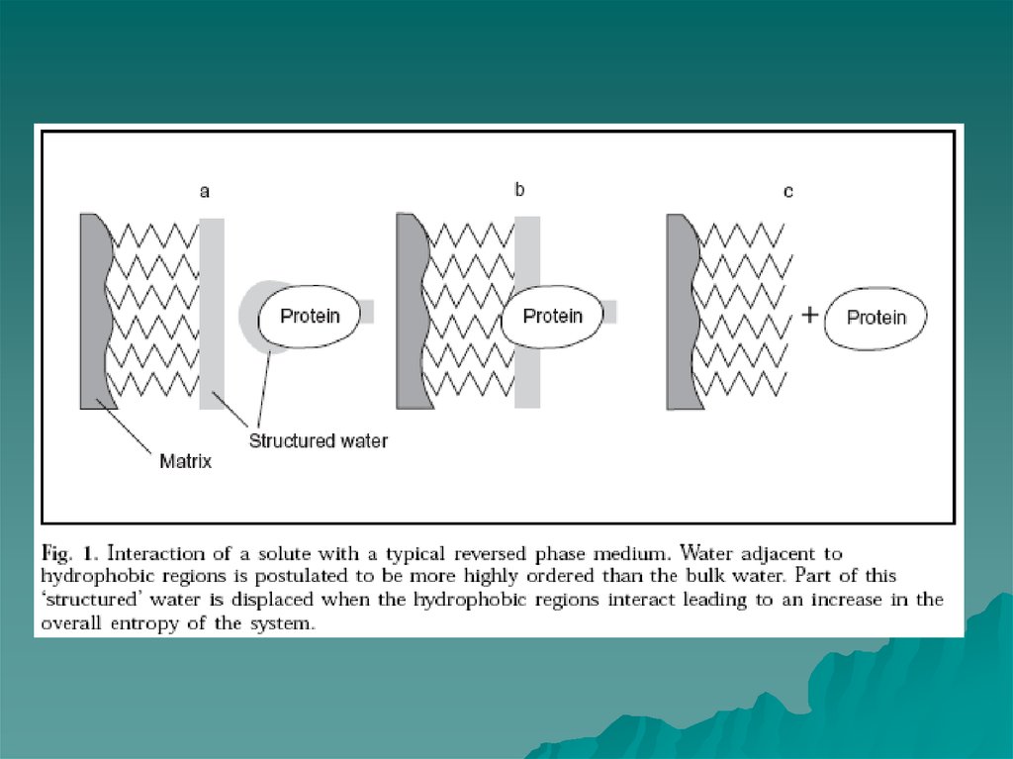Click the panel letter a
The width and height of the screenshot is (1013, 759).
pyautogui.click(x=205, y=192)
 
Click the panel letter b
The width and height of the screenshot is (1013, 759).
pyautogui.click(x=519, y=190)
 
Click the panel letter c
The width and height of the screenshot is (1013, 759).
pyautogui.click(x=787, y=192)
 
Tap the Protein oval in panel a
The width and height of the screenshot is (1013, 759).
pyautogui.click(x=309, y=316)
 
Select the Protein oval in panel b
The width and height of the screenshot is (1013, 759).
pyautogui.click(x=551, y=316)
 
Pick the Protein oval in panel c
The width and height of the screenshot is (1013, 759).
pyautogui.click(x=875, y=317)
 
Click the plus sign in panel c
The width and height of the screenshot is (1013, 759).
pyautogui.click(x=809, y=316)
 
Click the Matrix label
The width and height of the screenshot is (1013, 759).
pyautogui.click(x=185, y=461)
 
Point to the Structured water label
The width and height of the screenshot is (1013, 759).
pyautogui.click(x=318, y=440)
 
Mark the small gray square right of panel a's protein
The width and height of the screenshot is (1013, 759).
pyautogui.click(x=367, y=311)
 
